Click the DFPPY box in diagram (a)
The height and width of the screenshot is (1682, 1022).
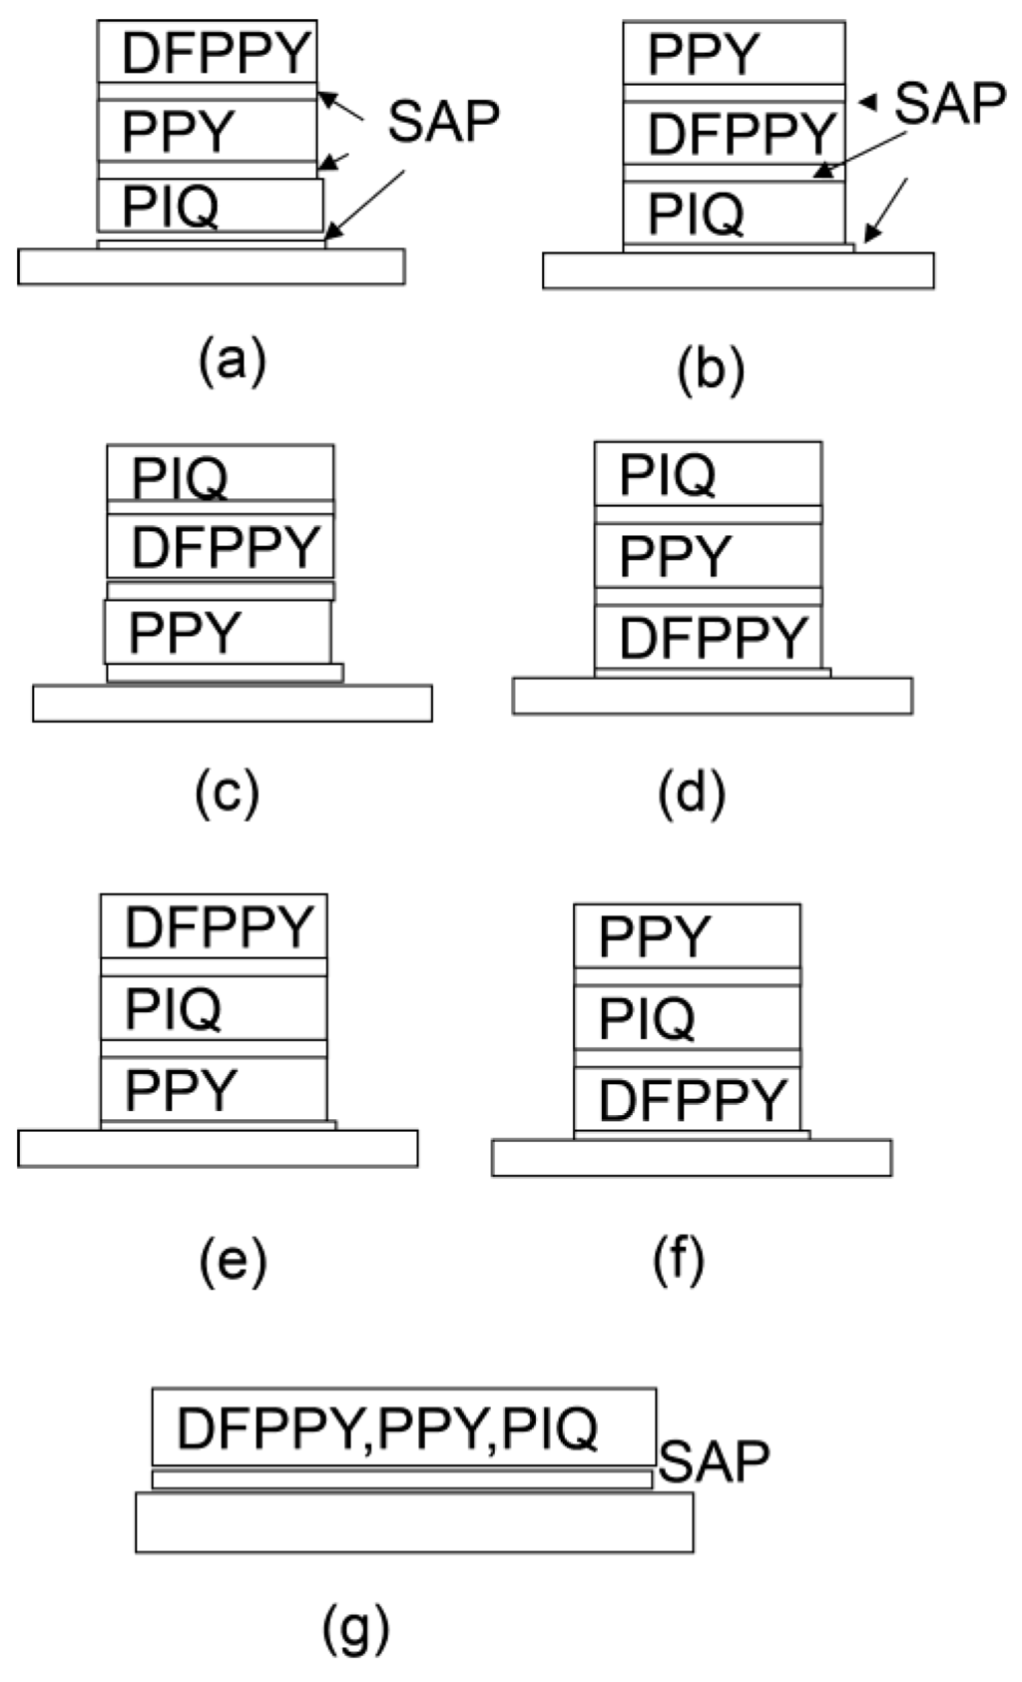(207, 52)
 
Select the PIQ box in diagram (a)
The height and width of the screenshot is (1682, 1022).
(210, 206)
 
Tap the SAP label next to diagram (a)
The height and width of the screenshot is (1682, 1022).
(443, 122)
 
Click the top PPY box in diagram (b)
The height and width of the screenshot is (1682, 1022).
(734, 54)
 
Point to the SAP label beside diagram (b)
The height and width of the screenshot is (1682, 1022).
(949, 103)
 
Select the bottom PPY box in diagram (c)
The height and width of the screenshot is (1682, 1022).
(218, 632)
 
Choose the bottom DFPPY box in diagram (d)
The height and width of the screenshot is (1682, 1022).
(708, 637)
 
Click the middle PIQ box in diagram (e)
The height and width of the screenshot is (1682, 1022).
(214, 1008)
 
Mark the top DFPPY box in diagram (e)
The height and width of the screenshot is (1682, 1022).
(214, 926)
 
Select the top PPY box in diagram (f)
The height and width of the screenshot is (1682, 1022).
(687, 935)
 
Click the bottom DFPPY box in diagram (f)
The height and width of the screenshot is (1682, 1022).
(687, 1098)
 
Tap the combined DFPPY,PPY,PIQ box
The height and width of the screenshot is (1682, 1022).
(403, 1427)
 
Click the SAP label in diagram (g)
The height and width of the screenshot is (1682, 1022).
(715, 1462)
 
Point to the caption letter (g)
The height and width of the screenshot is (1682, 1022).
(356, 1630)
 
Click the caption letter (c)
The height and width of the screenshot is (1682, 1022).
(228, 794)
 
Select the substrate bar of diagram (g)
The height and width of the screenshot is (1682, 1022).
(414, 1522)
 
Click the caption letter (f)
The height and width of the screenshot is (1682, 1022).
(679, 1261)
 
